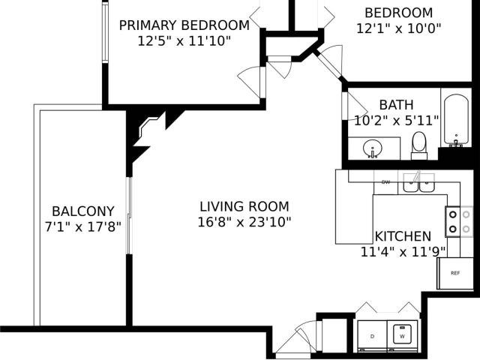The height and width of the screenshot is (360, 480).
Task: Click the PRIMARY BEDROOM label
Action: [x=184, y=25]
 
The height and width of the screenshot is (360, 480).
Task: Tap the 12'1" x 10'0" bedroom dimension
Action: [x=398, y=28]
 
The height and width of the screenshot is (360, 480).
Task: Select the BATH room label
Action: [x=397, y=105]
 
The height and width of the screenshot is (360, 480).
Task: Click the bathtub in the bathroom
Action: [x=456, y=120]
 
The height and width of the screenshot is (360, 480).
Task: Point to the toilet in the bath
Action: [x=418, y=145]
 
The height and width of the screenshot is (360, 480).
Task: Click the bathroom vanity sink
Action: [x=372, y=148]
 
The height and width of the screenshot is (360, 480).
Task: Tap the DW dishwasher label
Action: [x=386, y=182]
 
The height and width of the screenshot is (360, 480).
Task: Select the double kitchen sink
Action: [x=418, y=183]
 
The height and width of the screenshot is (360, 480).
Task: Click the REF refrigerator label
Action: [x=455, y=273]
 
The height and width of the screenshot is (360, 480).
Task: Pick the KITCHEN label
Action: [x=403, y=236]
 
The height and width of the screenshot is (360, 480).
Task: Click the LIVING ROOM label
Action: [x=244, y=207]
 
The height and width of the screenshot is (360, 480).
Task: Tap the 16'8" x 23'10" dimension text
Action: [x=244, y=222]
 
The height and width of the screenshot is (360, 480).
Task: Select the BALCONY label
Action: [x=83, y=211]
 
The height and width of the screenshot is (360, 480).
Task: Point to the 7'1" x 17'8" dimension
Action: [x=83, y=226]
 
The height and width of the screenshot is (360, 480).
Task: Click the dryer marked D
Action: [x=372, y=336]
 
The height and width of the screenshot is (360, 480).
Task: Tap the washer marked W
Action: [x=402, y=336]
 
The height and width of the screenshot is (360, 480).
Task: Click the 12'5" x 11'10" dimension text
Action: [x=184, y=40]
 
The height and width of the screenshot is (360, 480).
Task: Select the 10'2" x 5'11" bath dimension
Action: [x=397, y=120]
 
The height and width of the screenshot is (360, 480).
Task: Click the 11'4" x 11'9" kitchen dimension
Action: [x=403, y=252]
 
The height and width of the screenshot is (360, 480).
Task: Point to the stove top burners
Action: [x=459, y=222]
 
